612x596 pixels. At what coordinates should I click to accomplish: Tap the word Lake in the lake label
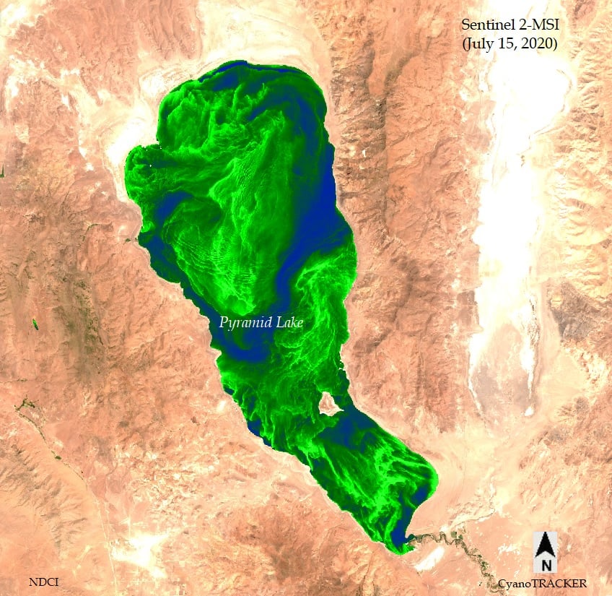tap(288, 322)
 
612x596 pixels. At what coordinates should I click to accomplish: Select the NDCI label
tap(44, 581)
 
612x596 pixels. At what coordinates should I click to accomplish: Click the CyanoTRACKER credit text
tap(542, 583)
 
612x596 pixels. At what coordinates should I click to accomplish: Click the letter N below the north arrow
tap(546, 564)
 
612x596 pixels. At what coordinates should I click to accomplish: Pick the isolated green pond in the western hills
tap(34, 323)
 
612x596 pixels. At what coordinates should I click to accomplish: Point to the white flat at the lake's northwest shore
tap(123, 137)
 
